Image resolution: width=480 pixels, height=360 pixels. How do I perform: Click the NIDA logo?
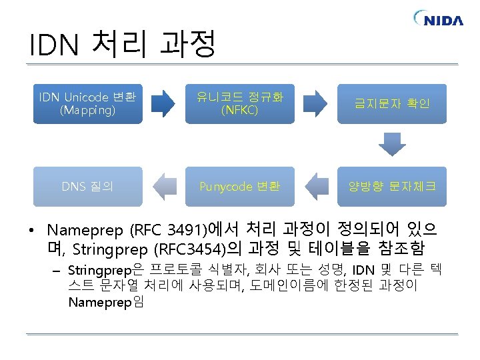pyautogui.click(x=438, y=19)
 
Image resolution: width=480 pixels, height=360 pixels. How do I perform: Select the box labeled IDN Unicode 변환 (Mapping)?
pyautogui.click(x=88, y=103)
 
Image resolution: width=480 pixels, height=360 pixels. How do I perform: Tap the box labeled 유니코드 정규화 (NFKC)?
pyautogui.click(x=239, y=103)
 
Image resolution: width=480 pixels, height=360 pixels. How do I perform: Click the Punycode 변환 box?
pyautogui.click(x=239, y=186)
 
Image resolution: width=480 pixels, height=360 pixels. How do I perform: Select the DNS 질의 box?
pyautogui.click(x=88, y=186)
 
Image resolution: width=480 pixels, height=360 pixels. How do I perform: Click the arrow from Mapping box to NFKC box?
pyautogui.click(x=164, y=103)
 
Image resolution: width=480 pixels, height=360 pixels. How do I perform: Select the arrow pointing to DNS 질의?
pyautogui.click(x=164, y=186)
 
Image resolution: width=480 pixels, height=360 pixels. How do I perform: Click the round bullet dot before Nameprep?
pyautogui.click(x=33, y=232)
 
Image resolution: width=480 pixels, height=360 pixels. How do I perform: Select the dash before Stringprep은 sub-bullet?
pyautogui.click(x=58, y=271)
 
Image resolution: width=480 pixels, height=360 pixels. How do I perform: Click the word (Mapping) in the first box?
pyautogui.click(x=87, y=111)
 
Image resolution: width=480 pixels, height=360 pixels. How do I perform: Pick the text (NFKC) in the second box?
pyautogui.click(x=239, y=111)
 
